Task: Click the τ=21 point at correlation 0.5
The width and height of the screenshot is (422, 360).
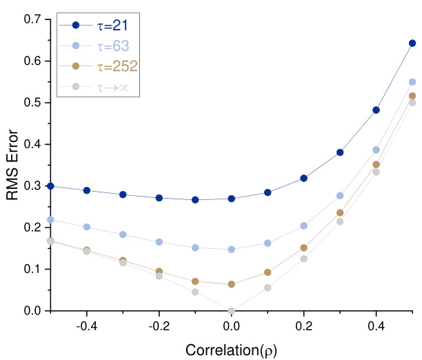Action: pyautogui.click(x=412, y=43)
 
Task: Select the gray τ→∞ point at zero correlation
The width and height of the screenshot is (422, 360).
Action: pyautogui.click(x=232, y=310)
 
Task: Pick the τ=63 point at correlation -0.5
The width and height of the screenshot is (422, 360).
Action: pyautogui.click(x=50, y=219)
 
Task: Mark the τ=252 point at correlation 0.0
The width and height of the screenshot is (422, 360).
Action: pyautogui.click(x=232, y=284)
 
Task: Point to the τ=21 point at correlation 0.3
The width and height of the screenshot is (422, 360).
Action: pyautogui.click(x=340, y=152)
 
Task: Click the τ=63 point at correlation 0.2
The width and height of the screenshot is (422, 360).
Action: pyautogui.click(x=304, y=226)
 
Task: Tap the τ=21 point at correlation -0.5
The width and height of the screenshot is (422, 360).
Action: pyautogui.click(x=50, y=186)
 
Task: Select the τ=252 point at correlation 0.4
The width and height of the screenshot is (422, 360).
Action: pyautogui.click(x=376, y=164)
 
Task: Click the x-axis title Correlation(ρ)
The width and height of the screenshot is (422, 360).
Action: pyautogui.click(x=232, y=350)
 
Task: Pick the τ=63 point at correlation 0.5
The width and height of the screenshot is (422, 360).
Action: pyautogui.click(x=412, y=81)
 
